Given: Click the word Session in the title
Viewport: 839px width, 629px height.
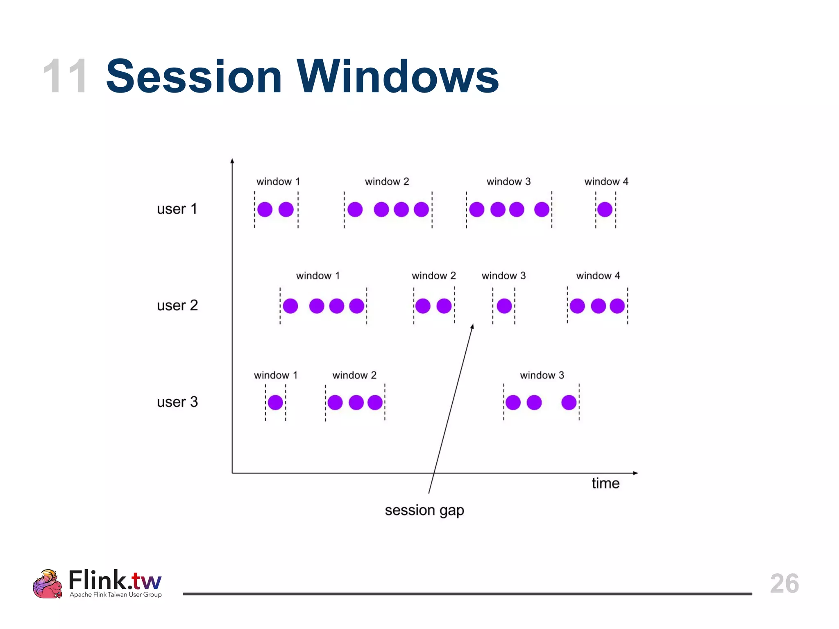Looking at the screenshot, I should coord(194,77).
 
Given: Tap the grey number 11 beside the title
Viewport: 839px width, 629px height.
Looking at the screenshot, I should coord(65,77).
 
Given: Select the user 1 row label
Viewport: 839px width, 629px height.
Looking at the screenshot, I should coord(177,209).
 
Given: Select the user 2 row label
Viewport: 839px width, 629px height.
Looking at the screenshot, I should coord(177,305).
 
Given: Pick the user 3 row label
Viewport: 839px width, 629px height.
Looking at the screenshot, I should coord(177,402).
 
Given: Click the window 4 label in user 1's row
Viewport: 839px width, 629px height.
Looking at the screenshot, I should coord(606,181).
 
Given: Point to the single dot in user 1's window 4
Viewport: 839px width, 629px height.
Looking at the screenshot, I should coord(605,209).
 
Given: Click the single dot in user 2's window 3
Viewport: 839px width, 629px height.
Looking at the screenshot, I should coord(504,306).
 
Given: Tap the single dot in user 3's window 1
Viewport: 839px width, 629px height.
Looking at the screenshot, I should coord(275,402).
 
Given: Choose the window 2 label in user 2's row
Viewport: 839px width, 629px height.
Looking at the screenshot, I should coord(433,276).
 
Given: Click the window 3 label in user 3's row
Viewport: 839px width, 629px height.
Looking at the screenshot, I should coord(542,375).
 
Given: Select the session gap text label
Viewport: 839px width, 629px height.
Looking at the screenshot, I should coord(424,510).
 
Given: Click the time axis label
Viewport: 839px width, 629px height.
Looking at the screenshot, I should coord(605,483).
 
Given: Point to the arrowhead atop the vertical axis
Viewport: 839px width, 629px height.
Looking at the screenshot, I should coord(232,161).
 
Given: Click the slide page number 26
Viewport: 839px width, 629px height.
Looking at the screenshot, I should coord(784,583).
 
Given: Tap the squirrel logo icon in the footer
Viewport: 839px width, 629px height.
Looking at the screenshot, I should coord(48,584).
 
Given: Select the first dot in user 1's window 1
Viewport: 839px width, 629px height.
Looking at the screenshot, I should coord(265,209).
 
